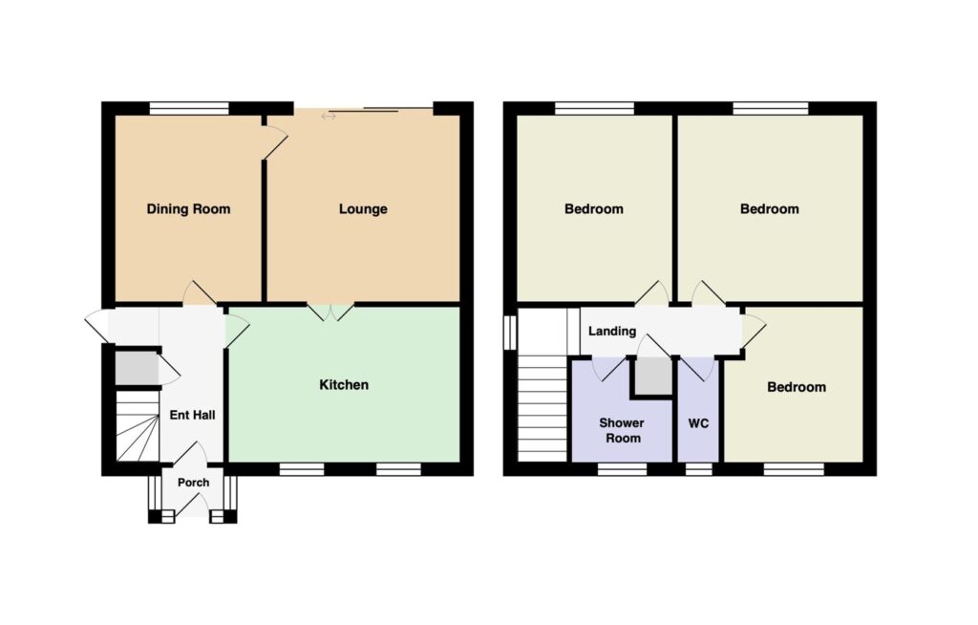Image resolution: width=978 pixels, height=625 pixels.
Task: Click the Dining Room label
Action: [x=188, y=209]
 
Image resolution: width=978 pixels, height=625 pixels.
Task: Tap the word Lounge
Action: [x=363, y=209]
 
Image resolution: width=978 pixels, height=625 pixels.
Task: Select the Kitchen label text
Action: [x=344, y=384]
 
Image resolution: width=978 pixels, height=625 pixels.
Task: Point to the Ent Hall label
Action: [x=192, y=415]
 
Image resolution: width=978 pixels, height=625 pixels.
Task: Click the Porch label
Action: [x=193, y=483]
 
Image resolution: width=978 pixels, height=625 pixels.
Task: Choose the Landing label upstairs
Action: [x=612, y=331]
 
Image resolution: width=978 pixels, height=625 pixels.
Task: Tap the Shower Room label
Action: [x=622, y=430]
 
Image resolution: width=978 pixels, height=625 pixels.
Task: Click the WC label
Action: [x=698, y=423]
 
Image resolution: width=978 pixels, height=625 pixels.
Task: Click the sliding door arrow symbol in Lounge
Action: [x=329, y=117]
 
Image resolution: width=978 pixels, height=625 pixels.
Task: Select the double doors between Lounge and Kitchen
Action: [x=330, y=312]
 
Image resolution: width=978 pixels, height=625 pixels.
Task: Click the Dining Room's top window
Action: [x=189, y=108]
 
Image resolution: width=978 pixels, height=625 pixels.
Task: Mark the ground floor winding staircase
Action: [x=138, y=426]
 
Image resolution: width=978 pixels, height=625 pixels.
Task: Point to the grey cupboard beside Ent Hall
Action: [x=137, y=368]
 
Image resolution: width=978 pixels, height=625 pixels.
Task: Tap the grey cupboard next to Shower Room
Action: [x=653, y=376]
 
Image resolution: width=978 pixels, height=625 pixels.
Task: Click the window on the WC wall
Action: [x=698, y=469]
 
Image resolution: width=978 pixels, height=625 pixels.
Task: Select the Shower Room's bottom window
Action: [x=623, y=469]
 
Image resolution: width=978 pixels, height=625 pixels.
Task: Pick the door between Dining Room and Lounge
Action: [x=274, y=143]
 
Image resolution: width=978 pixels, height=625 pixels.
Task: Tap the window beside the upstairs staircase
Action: [x=510, y=333]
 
